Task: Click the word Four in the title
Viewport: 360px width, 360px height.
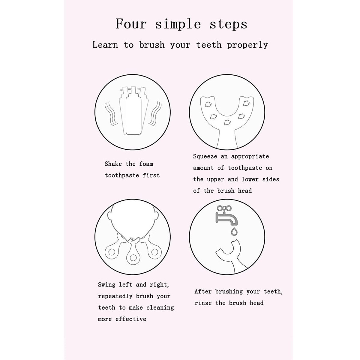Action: pyautogui.click(x=131, y=24)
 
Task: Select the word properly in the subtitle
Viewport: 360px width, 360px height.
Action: pyautogui.click(x=247, y=45)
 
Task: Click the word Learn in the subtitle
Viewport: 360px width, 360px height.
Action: pyautogui.click(x=105, y=45)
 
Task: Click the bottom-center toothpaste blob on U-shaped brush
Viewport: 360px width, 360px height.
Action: pyautogui.click(x=227, y=122)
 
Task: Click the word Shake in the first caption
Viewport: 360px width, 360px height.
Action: pyautogui.click(x=113, y=164)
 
